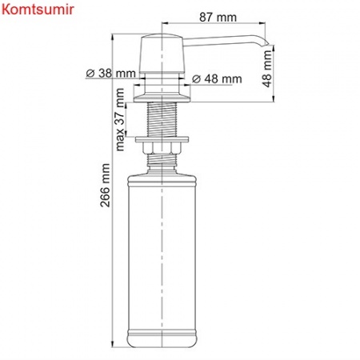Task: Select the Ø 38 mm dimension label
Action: (x=110, y=73)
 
